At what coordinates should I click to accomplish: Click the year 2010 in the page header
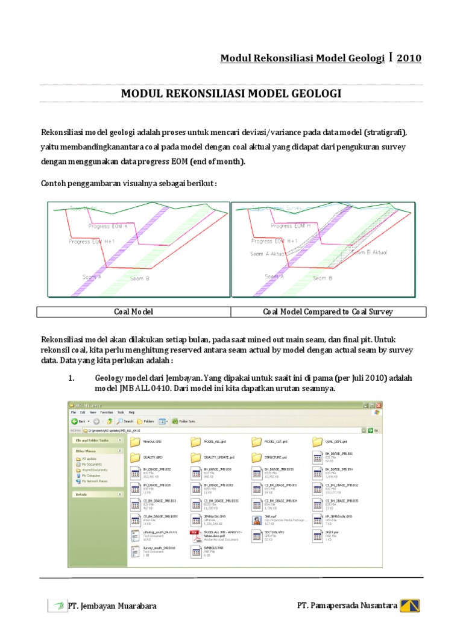[409, 58]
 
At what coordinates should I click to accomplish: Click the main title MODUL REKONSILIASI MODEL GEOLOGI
[231, 93]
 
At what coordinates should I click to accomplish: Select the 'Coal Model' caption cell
[134, 312]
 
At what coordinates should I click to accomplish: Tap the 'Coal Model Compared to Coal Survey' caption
[328, 312]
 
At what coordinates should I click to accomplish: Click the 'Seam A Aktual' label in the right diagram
[268, 254]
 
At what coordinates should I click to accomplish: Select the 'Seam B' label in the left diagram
[139, 279]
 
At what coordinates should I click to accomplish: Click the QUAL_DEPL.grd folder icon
[317, 442]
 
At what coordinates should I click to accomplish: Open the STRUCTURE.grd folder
[256, 457]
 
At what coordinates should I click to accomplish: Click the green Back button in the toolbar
[75, 421]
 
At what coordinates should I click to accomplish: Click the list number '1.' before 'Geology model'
[71, 378]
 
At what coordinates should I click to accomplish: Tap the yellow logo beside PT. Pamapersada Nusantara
[414, 605]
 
